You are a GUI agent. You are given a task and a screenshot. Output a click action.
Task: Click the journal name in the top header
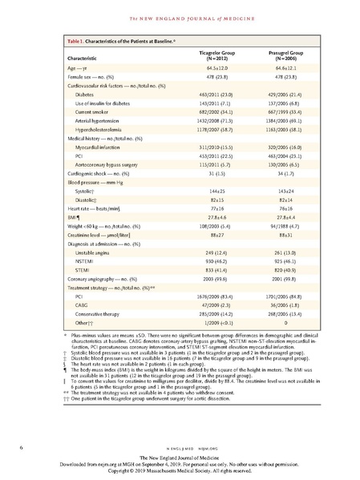coord(180,9)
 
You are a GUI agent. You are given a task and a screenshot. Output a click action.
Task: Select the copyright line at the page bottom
coord(180,470)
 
